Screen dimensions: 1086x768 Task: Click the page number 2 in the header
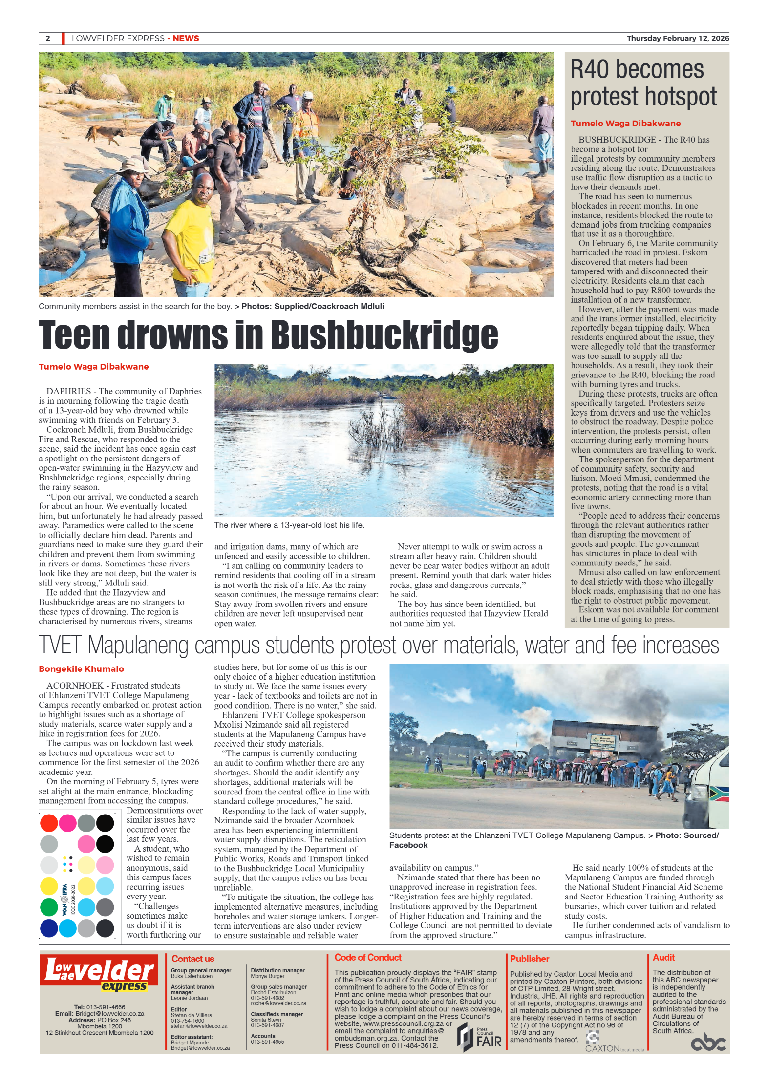[48, 38]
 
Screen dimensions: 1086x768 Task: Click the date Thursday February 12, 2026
[678, 38]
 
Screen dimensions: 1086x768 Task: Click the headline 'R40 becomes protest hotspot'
[643, 83]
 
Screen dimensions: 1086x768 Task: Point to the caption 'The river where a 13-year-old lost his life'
[289, 525]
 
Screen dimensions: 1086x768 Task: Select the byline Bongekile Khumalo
[81, 668]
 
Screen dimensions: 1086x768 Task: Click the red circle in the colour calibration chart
[48, 823]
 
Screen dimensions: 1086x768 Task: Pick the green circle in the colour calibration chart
[48, 907]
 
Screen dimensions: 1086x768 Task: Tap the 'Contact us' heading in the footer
[192, 959]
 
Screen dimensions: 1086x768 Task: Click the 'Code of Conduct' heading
[367, 957]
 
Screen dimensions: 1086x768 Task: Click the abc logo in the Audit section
[708, 1043]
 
